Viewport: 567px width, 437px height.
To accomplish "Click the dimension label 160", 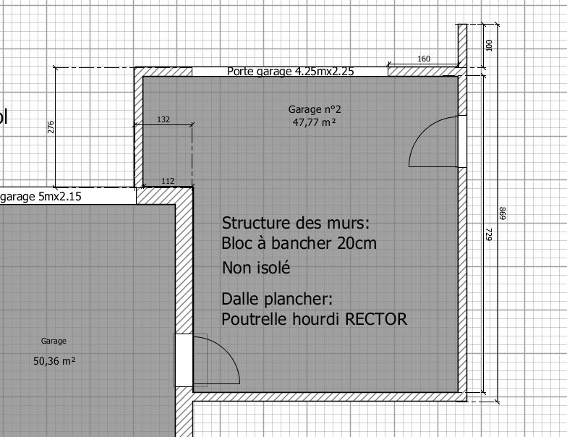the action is (424, 59).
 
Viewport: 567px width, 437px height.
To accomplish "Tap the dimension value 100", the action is (489, 46).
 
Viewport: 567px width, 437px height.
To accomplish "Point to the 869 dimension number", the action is (502, 213).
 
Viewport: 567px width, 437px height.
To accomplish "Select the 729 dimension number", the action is (489, 234).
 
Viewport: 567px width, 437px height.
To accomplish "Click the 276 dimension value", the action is (51, 127).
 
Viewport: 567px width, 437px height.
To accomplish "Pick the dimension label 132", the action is (163, 119).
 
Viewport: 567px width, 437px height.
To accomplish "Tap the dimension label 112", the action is (168, 181).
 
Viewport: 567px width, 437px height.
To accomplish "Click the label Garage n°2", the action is (315, 109).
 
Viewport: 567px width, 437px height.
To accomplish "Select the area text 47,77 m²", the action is (314, 122).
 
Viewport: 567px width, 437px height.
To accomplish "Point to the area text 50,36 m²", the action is (54, 361).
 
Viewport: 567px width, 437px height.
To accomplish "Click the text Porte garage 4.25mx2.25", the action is (291, 71).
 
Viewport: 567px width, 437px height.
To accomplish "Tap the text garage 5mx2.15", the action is (40, 197).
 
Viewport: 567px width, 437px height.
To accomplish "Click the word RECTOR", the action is (376, 319).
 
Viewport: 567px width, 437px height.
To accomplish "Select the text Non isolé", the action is (256, 268).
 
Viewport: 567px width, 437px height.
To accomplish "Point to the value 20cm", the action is (357, 243).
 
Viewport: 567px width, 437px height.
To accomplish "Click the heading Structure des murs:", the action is (295, 223).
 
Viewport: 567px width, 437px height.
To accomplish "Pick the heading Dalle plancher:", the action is (277, 300).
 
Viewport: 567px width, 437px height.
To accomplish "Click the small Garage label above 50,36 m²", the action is (54, 341).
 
